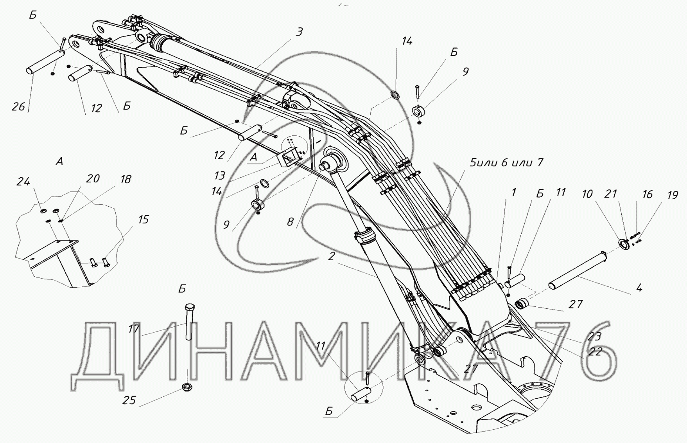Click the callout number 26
coord(18,106)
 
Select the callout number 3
coord(299,32)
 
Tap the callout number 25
coord(129,400)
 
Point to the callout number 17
coord(134,329)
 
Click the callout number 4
coord(639,288)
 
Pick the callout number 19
coord(672,195)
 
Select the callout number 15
coord(143,220)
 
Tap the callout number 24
coord(23,182)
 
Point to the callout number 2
coord(332,256)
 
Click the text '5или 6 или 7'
coord(506,162)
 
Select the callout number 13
coord(220,175)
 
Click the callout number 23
coord(594,336)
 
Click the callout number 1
coord(514,192)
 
